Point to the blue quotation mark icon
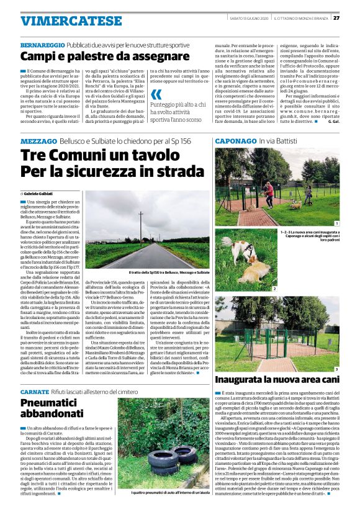pyautogui.click(x=156, y=95)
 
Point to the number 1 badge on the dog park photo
pyautogui.click(x=336, y=223)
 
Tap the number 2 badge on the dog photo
pyautogui.click(x=274, y=289)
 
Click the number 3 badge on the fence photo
pyautogui.click(x=336, y=369)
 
